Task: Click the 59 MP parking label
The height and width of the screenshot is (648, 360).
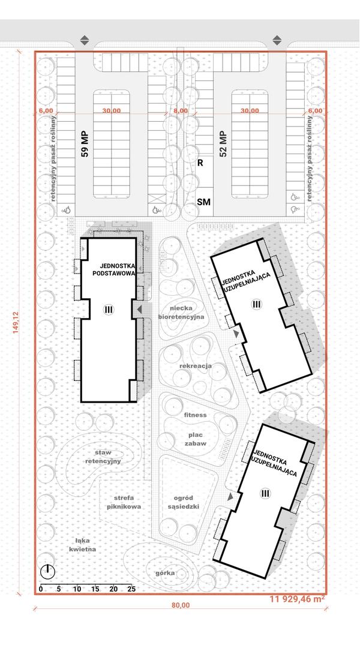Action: [85, 145]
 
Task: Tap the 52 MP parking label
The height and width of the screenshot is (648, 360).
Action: [224, 143]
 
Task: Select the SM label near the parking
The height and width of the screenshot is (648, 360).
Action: [204, 202]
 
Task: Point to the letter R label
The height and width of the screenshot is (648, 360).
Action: [200, 163]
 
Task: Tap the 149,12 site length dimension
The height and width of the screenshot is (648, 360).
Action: [16, 323]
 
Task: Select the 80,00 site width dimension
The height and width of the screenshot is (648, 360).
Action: [181, 605]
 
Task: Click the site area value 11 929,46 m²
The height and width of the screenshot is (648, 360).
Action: [297, 598]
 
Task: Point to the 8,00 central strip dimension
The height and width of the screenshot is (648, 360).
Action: [181, 111]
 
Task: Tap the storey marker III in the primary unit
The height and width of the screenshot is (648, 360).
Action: [109, 309]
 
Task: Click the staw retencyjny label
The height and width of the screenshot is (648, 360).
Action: [103, 457]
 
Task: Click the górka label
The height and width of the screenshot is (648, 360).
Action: [165, 573]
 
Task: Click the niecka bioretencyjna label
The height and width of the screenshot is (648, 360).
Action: [181, 313]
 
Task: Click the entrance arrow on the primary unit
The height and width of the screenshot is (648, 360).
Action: [139, 309]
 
